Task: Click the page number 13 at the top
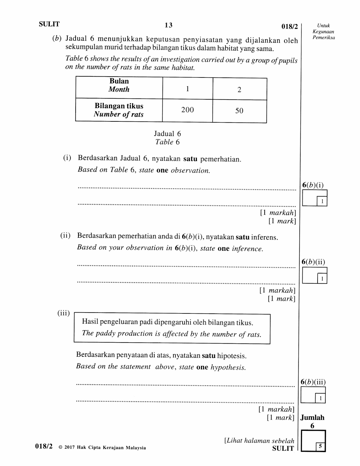(169, 25)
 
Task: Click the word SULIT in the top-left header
(49, 24)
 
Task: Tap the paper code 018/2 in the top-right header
(290, 27)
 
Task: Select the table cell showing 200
(187, 110)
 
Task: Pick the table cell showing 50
(239, 111)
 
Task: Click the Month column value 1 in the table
(188, 89)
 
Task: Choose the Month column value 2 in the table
(239, 90)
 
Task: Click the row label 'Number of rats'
(119, 114)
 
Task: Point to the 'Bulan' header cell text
(119, 81)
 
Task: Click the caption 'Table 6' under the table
(167, 142)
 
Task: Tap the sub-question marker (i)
(67, 158)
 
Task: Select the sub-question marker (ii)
(65, 235)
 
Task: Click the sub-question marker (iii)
(63, 313)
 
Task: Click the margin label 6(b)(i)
(313, 185)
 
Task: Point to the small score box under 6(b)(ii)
(322, 279)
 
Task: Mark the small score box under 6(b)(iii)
(320, 398)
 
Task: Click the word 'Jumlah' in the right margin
(312, 417)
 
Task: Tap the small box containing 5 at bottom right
(320, 446)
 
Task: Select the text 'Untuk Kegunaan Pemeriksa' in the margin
(323, 31)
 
